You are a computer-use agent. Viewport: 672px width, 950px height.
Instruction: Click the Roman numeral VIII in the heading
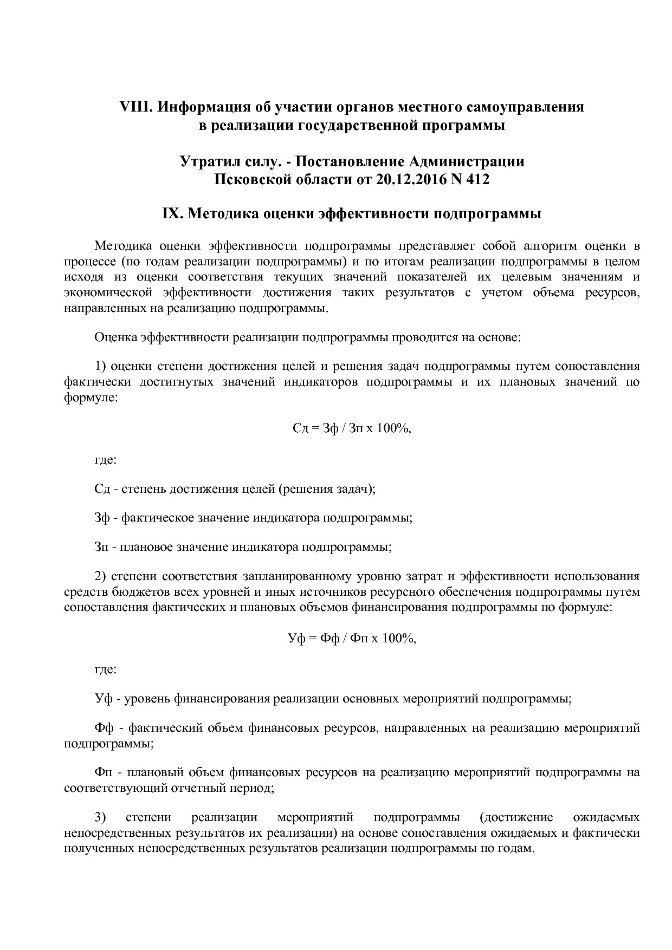tap(136, 107)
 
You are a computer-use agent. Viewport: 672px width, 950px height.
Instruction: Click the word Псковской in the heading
tap(249, 179)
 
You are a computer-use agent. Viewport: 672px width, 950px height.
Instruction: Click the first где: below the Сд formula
tap(105, 460)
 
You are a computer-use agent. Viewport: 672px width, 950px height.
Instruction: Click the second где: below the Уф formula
tap(105, 669)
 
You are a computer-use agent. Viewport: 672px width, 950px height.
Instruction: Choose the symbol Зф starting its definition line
tap(102, 518)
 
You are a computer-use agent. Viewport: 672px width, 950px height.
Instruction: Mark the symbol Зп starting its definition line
tap(101, 546)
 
